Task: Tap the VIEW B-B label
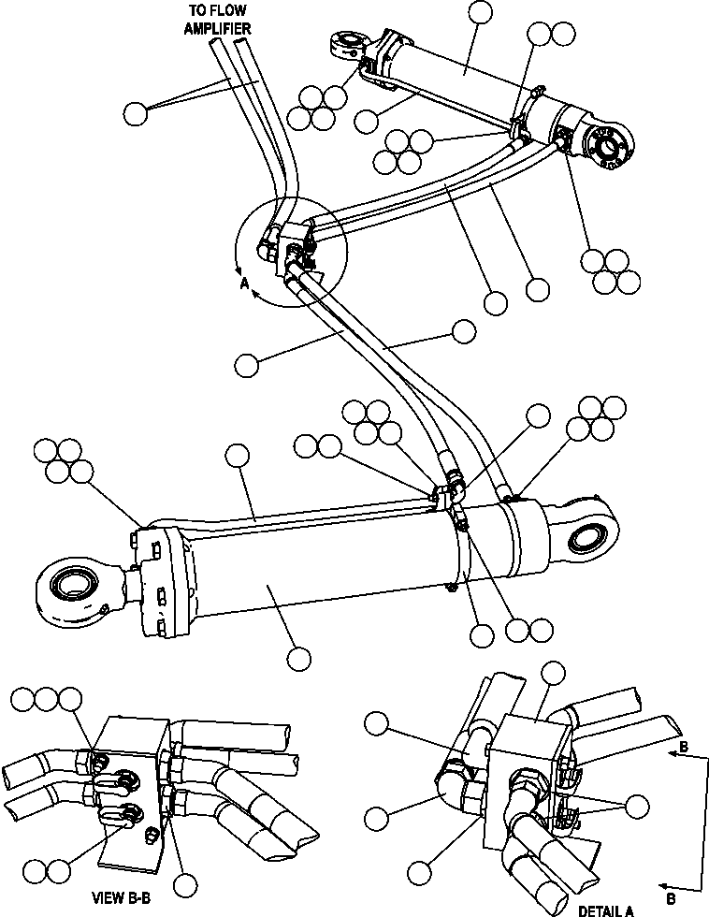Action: pyautogui.click(x=122, y=899)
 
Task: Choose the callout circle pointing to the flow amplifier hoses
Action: pyautogui.click(x=136, y=113)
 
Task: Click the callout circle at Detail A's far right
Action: pyautogui.click(x=638, y=807)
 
